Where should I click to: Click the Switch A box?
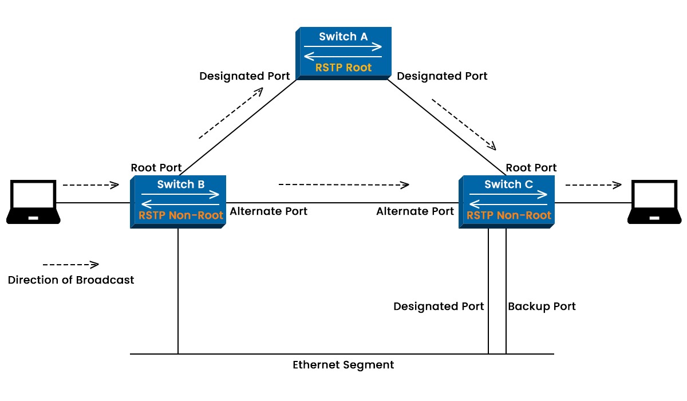coord(343,53)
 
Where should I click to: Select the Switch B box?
coord(178,201)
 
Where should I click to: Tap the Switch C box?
coord(507,201)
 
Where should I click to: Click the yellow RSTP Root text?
coord(343,68)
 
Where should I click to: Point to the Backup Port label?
coord(542,306)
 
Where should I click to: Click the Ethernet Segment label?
coord(343,365)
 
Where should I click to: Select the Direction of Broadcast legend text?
coord(71,280)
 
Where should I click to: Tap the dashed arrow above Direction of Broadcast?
coord(71,265)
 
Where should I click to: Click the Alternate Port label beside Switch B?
coord(269,211)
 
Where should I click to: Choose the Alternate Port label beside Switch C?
coord(415,211)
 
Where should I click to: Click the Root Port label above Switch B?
coord(156,168)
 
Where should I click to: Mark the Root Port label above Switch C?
coord(531,168)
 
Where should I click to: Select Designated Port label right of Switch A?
coord(442,76)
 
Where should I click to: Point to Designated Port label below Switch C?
coord(439,306)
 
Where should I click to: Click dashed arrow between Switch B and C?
coord(343,184)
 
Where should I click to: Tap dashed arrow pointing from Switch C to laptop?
coord(593,184)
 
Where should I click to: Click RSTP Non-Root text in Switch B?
coord(181,215)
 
